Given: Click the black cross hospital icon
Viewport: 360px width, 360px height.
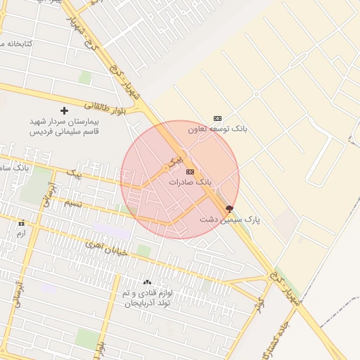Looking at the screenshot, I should click(x=65, y=110).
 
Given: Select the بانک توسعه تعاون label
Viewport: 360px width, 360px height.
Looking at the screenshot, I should click(x=217, y=129).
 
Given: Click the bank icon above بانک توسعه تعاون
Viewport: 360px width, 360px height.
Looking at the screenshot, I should click(x=217, y=118).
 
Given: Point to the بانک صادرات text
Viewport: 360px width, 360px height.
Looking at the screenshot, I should click(x=190, y=181).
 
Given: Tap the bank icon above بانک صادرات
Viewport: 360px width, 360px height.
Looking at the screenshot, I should click(x=190, y=172).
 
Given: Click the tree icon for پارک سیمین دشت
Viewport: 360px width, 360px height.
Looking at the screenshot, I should click(x=229, y=209).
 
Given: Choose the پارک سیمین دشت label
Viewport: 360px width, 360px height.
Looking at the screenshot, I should click(x=229, y=219).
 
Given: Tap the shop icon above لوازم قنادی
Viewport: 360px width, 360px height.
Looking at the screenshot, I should click(x=147, y=282).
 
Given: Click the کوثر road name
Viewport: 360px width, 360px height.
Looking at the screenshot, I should click(x=259, y=304).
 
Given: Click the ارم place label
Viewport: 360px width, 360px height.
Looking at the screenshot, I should click(x=21, y=233).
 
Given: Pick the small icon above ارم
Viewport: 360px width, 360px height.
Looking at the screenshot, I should click(x=21, y=223).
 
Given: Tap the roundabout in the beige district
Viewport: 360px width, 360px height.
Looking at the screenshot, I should click(x=257, y=94).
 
